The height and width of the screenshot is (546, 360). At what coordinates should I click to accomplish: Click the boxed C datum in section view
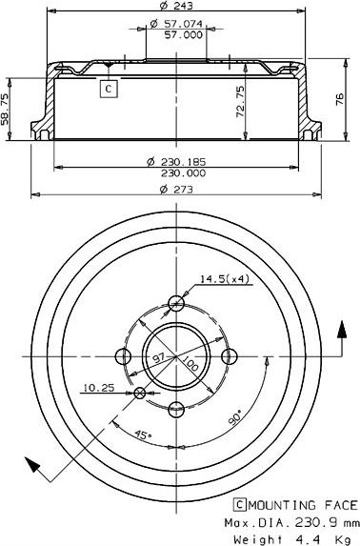(x=109, y=89)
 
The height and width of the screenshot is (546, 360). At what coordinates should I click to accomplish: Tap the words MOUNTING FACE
(x=303, y=505)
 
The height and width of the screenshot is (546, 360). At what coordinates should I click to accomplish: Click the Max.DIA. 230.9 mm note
(x=291, y=522)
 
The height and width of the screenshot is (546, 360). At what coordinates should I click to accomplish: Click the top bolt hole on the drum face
(x=176, y=303)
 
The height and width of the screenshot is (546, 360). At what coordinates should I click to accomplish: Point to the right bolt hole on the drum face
(x=229, y=355)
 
